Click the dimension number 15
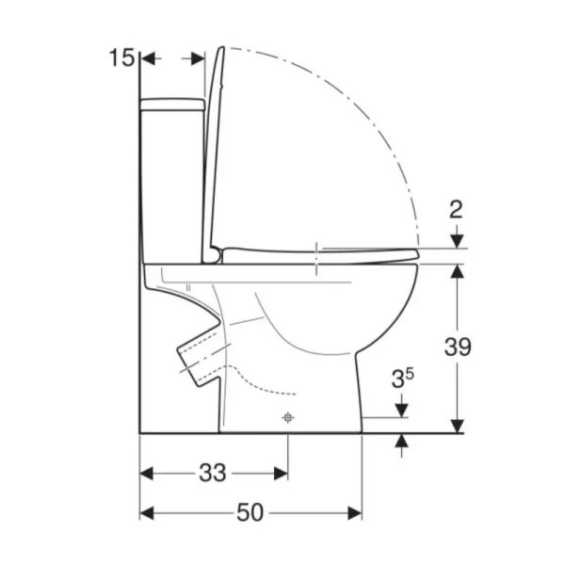[x=121, y=57]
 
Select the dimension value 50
[x=250, y=512]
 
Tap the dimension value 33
[x=213, y=473]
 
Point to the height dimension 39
[x=458, y=347]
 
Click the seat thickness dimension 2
[x=456, y=210]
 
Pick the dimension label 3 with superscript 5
[x=403, y=379]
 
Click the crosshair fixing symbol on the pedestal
[x=287, y=417]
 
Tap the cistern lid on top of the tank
[x=172, y=105]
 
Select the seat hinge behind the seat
[x=214, y=255]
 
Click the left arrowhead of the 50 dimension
[x=147, y=513]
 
